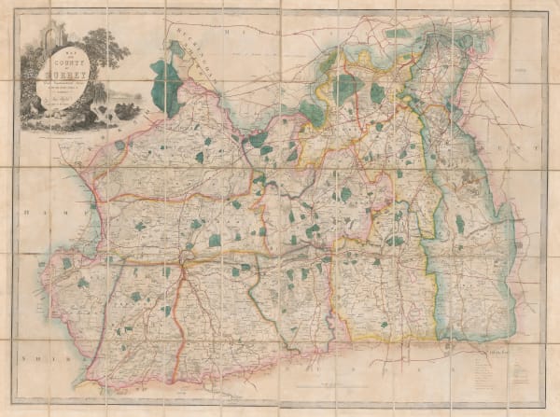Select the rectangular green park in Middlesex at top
[399, 34]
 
